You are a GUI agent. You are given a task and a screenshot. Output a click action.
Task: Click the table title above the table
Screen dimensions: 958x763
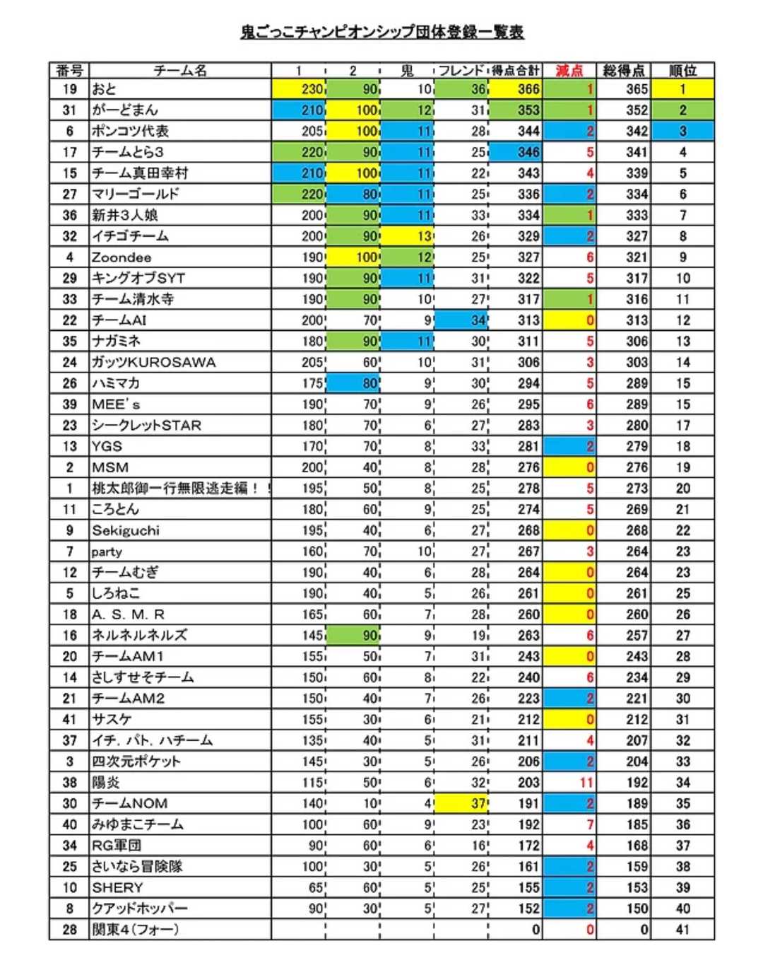pos(382,32)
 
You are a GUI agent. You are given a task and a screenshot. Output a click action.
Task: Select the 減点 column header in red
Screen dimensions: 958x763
pos(569,70)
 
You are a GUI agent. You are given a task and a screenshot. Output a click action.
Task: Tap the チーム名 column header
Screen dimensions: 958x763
pos(180,70)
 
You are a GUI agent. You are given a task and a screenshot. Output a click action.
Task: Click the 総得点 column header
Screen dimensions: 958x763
pos(624,70)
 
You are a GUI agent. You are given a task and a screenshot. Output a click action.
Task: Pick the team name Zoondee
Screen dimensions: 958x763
pos(122,257)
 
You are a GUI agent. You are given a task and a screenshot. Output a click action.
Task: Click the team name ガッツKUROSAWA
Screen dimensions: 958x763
pos(153,363)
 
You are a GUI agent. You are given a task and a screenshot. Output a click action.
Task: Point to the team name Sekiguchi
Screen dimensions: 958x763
pos(126,530)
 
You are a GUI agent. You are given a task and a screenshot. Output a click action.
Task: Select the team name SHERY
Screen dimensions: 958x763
pos(117,887)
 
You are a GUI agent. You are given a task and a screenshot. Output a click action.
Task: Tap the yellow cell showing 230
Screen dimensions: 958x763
pos(299,89)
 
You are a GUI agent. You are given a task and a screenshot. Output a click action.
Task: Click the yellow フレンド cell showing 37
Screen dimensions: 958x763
pos(461,803)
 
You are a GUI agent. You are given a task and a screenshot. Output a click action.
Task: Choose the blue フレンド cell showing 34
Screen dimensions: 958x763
pos(461,320)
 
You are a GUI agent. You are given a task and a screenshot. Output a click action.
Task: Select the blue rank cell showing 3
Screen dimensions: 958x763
pos(682,131)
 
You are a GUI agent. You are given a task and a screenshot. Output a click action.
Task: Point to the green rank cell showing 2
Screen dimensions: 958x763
pos(682,110)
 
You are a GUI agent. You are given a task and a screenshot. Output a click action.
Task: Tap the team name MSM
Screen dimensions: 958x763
pos(110,467)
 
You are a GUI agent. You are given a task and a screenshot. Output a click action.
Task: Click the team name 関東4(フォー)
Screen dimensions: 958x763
pos(135,929)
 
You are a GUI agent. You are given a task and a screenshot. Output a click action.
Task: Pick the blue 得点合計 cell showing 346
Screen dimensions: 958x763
pos(516,152)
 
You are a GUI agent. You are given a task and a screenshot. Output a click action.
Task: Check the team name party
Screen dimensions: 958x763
pos(107,551)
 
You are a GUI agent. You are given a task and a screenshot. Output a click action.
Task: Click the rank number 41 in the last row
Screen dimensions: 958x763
pos(682,929)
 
